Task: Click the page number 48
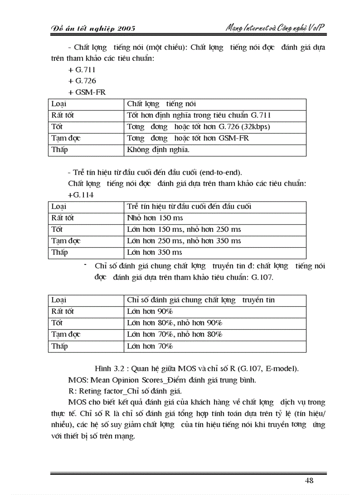point(309,480)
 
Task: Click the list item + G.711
point(82,70)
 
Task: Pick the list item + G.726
point(82,81)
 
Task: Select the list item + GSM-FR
point(87,93)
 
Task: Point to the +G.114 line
point(81,195)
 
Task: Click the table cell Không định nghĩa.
point(158,150)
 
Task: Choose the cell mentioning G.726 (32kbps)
point(198,127)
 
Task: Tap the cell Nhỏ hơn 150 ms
point(155,218)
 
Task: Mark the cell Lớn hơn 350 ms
point(154,253)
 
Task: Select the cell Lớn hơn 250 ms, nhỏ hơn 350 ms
point(184,241)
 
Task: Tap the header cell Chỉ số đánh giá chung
point(201,300)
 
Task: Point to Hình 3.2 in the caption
point(109,368)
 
